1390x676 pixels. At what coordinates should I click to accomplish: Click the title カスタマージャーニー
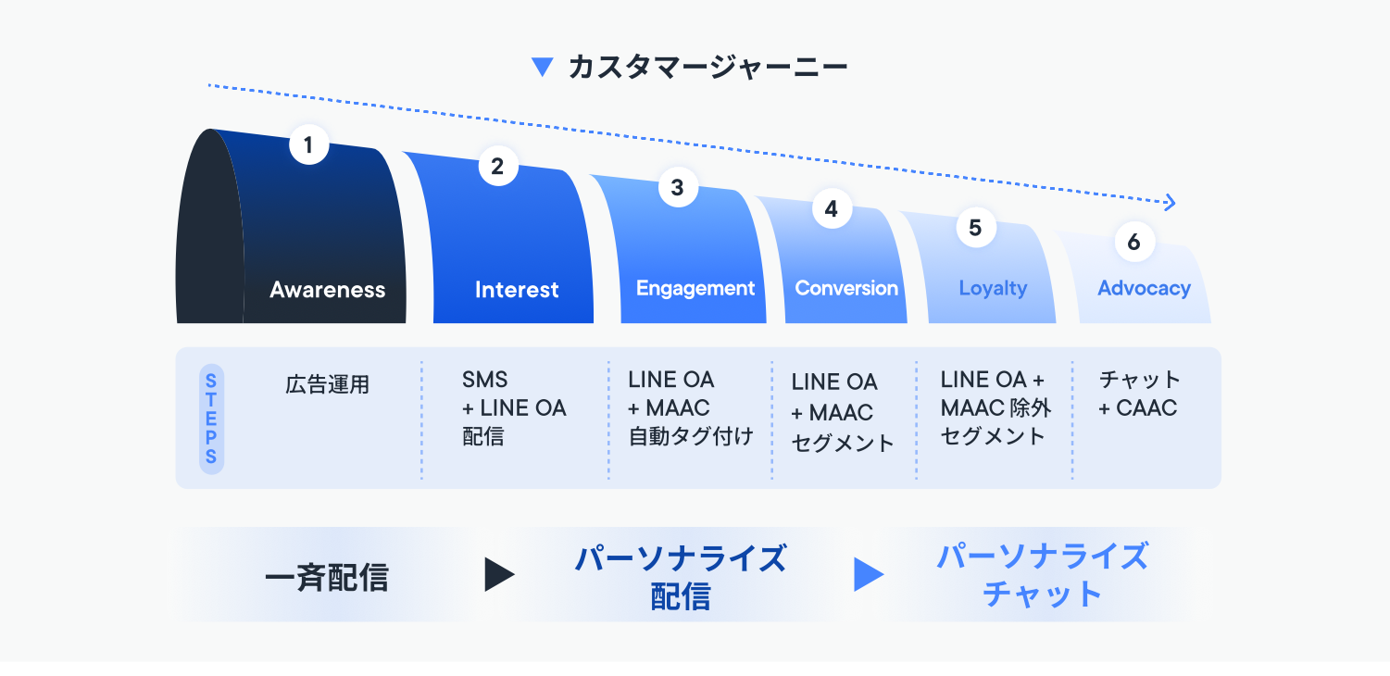(x=708, y=68)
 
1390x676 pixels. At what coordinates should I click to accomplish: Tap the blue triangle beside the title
(x=542, y=67)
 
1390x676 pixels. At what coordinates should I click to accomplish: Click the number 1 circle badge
(x=308, y=145)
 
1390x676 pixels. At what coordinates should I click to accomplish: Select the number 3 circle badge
(x=678, y=188)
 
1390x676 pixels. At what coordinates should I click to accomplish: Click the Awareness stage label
(x=327, y=290)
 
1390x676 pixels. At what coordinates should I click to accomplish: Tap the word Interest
(x=517, y=290)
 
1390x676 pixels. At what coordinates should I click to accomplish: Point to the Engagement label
(x=695, y=288)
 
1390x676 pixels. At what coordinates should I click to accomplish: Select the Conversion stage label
(x=846, y=288)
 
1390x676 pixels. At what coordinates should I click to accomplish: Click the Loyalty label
(x=993, y=288)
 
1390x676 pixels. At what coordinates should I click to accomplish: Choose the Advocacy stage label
(x=1144, y=288)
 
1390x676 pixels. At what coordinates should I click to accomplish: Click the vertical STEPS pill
(x=211, y=419)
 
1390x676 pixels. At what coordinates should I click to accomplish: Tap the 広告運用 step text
(x=327, y=384)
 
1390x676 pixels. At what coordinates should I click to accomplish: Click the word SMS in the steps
(x=485, y=380)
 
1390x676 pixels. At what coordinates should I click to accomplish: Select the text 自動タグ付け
(x=691, y=435)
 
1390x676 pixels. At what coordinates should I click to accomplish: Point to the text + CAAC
(x=1137, y=407)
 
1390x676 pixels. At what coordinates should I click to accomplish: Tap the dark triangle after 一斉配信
(x=498, y=575)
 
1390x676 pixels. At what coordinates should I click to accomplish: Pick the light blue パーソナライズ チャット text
(x=1042, y=575)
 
